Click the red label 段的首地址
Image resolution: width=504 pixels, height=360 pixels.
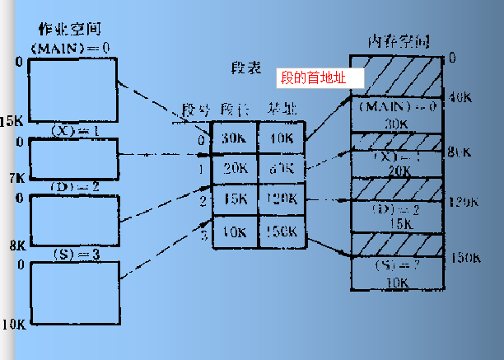coord(311,79)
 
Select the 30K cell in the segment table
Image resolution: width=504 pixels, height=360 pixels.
coord(235,138)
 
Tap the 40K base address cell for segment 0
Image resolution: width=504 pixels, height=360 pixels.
coord(282,138)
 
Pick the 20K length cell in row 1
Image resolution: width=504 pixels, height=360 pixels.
coord(235,168)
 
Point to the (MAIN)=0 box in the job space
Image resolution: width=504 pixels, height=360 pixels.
coord(72,88)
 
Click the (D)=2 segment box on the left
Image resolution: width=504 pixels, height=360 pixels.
coord(74,220)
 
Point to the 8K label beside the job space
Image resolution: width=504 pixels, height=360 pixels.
coord(17,245)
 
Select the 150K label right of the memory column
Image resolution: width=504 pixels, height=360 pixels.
coord(465,258)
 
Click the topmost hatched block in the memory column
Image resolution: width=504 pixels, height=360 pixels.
coord(397,77)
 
